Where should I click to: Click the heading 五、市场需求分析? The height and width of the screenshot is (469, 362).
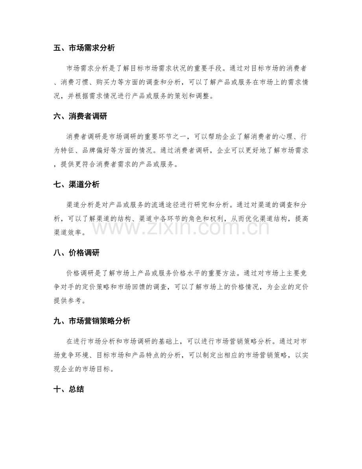(x=84, y=49)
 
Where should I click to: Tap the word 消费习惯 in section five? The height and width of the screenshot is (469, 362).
(x=81, y=82)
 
